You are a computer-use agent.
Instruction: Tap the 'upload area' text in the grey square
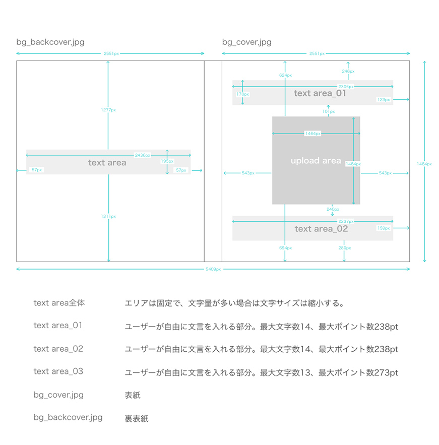click(316, 161)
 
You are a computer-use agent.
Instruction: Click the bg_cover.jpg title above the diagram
click(246, 42)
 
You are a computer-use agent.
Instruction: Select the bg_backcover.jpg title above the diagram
click(50, 42)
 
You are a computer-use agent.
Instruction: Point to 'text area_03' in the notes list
click(58, 371)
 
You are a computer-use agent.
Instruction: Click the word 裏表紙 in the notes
click(136, 418)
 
